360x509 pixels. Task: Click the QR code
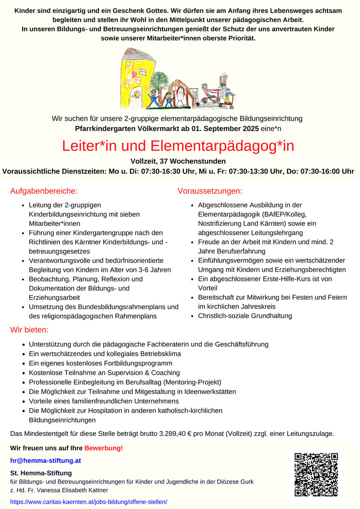click(316, 475)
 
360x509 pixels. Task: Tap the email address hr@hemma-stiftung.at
click(40, 460)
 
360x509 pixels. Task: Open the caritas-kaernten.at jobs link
click(89, 502)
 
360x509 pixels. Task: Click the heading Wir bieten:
click(29, 329)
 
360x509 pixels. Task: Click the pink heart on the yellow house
click(134, 74)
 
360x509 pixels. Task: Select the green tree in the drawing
click(159, 80)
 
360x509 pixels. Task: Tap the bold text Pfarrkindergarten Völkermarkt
click(128, 128)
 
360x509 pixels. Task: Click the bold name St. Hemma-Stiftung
click(41, 473)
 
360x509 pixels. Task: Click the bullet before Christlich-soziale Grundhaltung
click(192, 316)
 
